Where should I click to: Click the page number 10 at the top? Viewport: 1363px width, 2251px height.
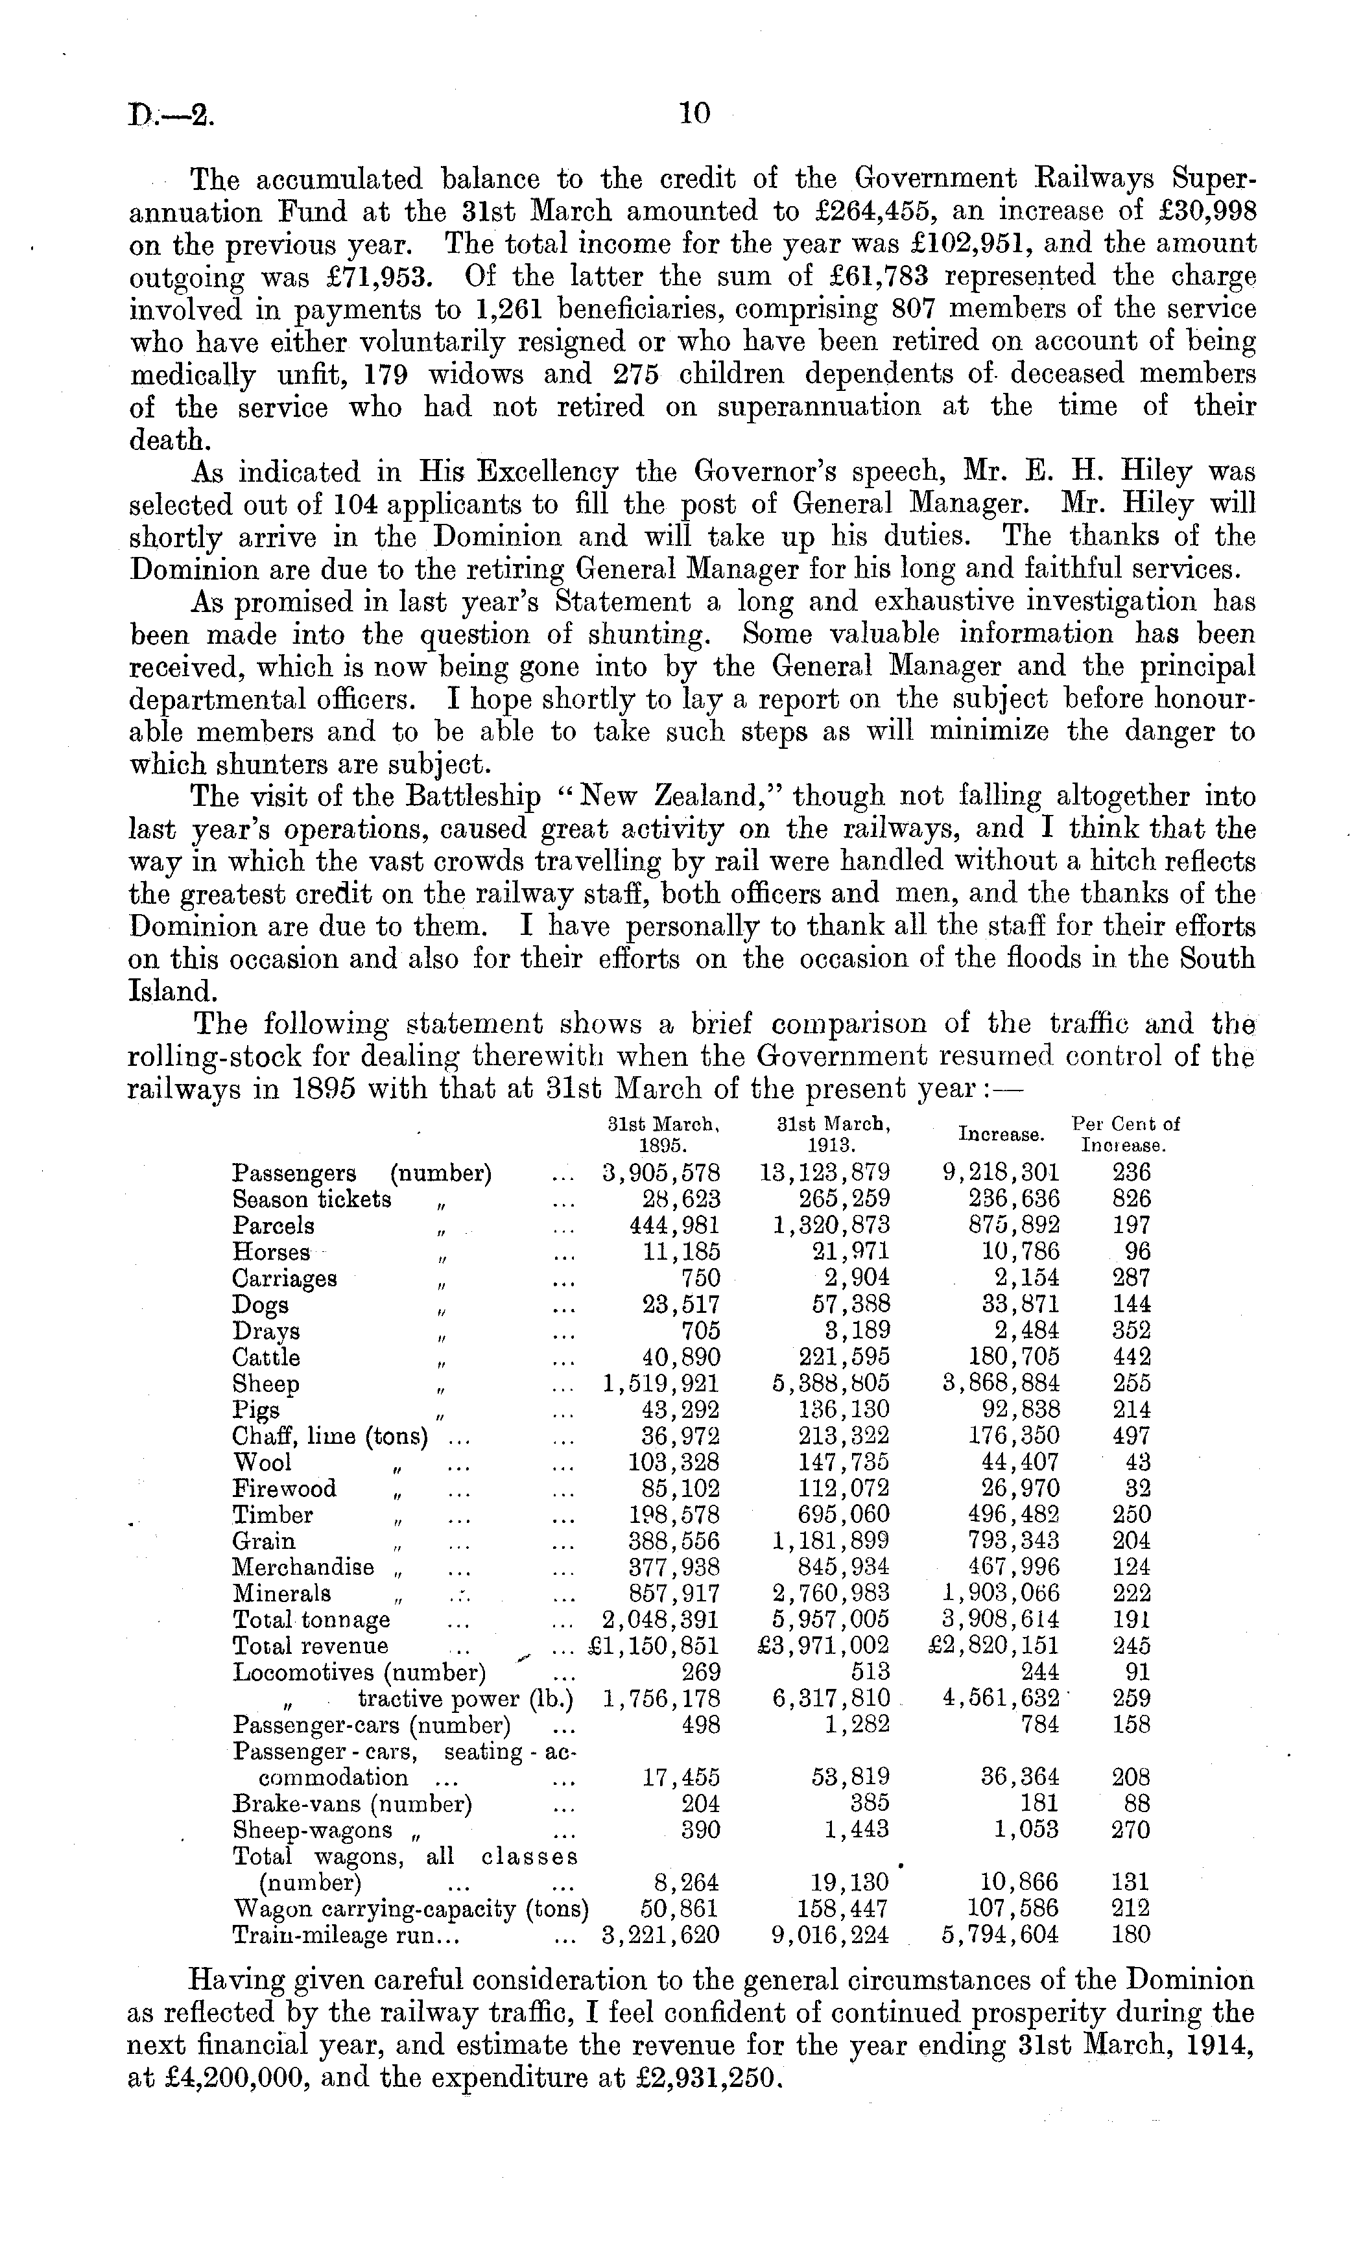pyautogui.click(x=694, y=113)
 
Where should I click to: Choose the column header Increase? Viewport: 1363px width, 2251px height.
pyautogui.click(x=1001, y=1135)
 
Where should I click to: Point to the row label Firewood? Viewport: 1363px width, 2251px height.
pyautogui.click(x=284, y=1489)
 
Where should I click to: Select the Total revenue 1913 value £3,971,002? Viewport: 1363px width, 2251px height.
pyautogui.click(x=824, y=1646)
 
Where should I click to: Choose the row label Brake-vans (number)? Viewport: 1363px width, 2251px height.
pyautogui.click(x=353, y=1804)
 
